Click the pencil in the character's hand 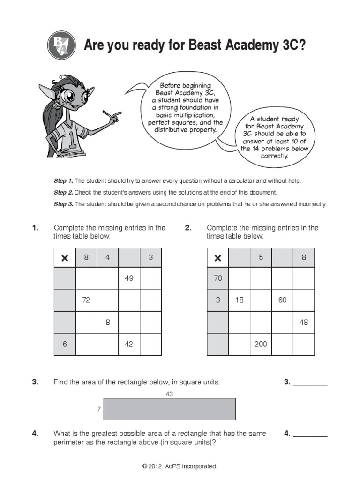112,115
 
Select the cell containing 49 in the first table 129,278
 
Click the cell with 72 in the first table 86,300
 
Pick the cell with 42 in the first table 129,344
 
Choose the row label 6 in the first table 65,344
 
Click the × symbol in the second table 217,257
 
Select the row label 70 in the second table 217,278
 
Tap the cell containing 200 261,344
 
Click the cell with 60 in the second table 282,300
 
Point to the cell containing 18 239,300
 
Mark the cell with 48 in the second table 304,322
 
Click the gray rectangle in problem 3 170,409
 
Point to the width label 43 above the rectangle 170,394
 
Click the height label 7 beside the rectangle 99,409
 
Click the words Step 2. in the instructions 63,193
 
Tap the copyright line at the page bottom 180,466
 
